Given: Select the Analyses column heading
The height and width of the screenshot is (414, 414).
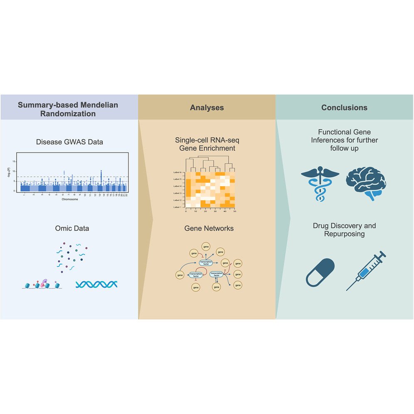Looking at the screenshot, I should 207,108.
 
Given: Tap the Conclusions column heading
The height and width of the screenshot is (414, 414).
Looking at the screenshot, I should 344,108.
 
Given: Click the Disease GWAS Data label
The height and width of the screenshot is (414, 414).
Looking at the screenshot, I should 69,142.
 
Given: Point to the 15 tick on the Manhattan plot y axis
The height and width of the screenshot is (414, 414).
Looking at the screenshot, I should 14,161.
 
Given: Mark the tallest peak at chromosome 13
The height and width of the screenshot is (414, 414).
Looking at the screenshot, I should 101,171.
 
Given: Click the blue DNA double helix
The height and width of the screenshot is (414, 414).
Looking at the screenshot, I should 96,284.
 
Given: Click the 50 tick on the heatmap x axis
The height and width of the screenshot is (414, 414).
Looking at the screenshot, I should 235,211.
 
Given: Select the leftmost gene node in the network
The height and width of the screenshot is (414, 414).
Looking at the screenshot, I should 180,275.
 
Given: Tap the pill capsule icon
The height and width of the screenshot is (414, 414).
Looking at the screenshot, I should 320,272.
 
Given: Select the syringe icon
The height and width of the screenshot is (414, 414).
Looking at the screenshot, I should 366,270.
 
